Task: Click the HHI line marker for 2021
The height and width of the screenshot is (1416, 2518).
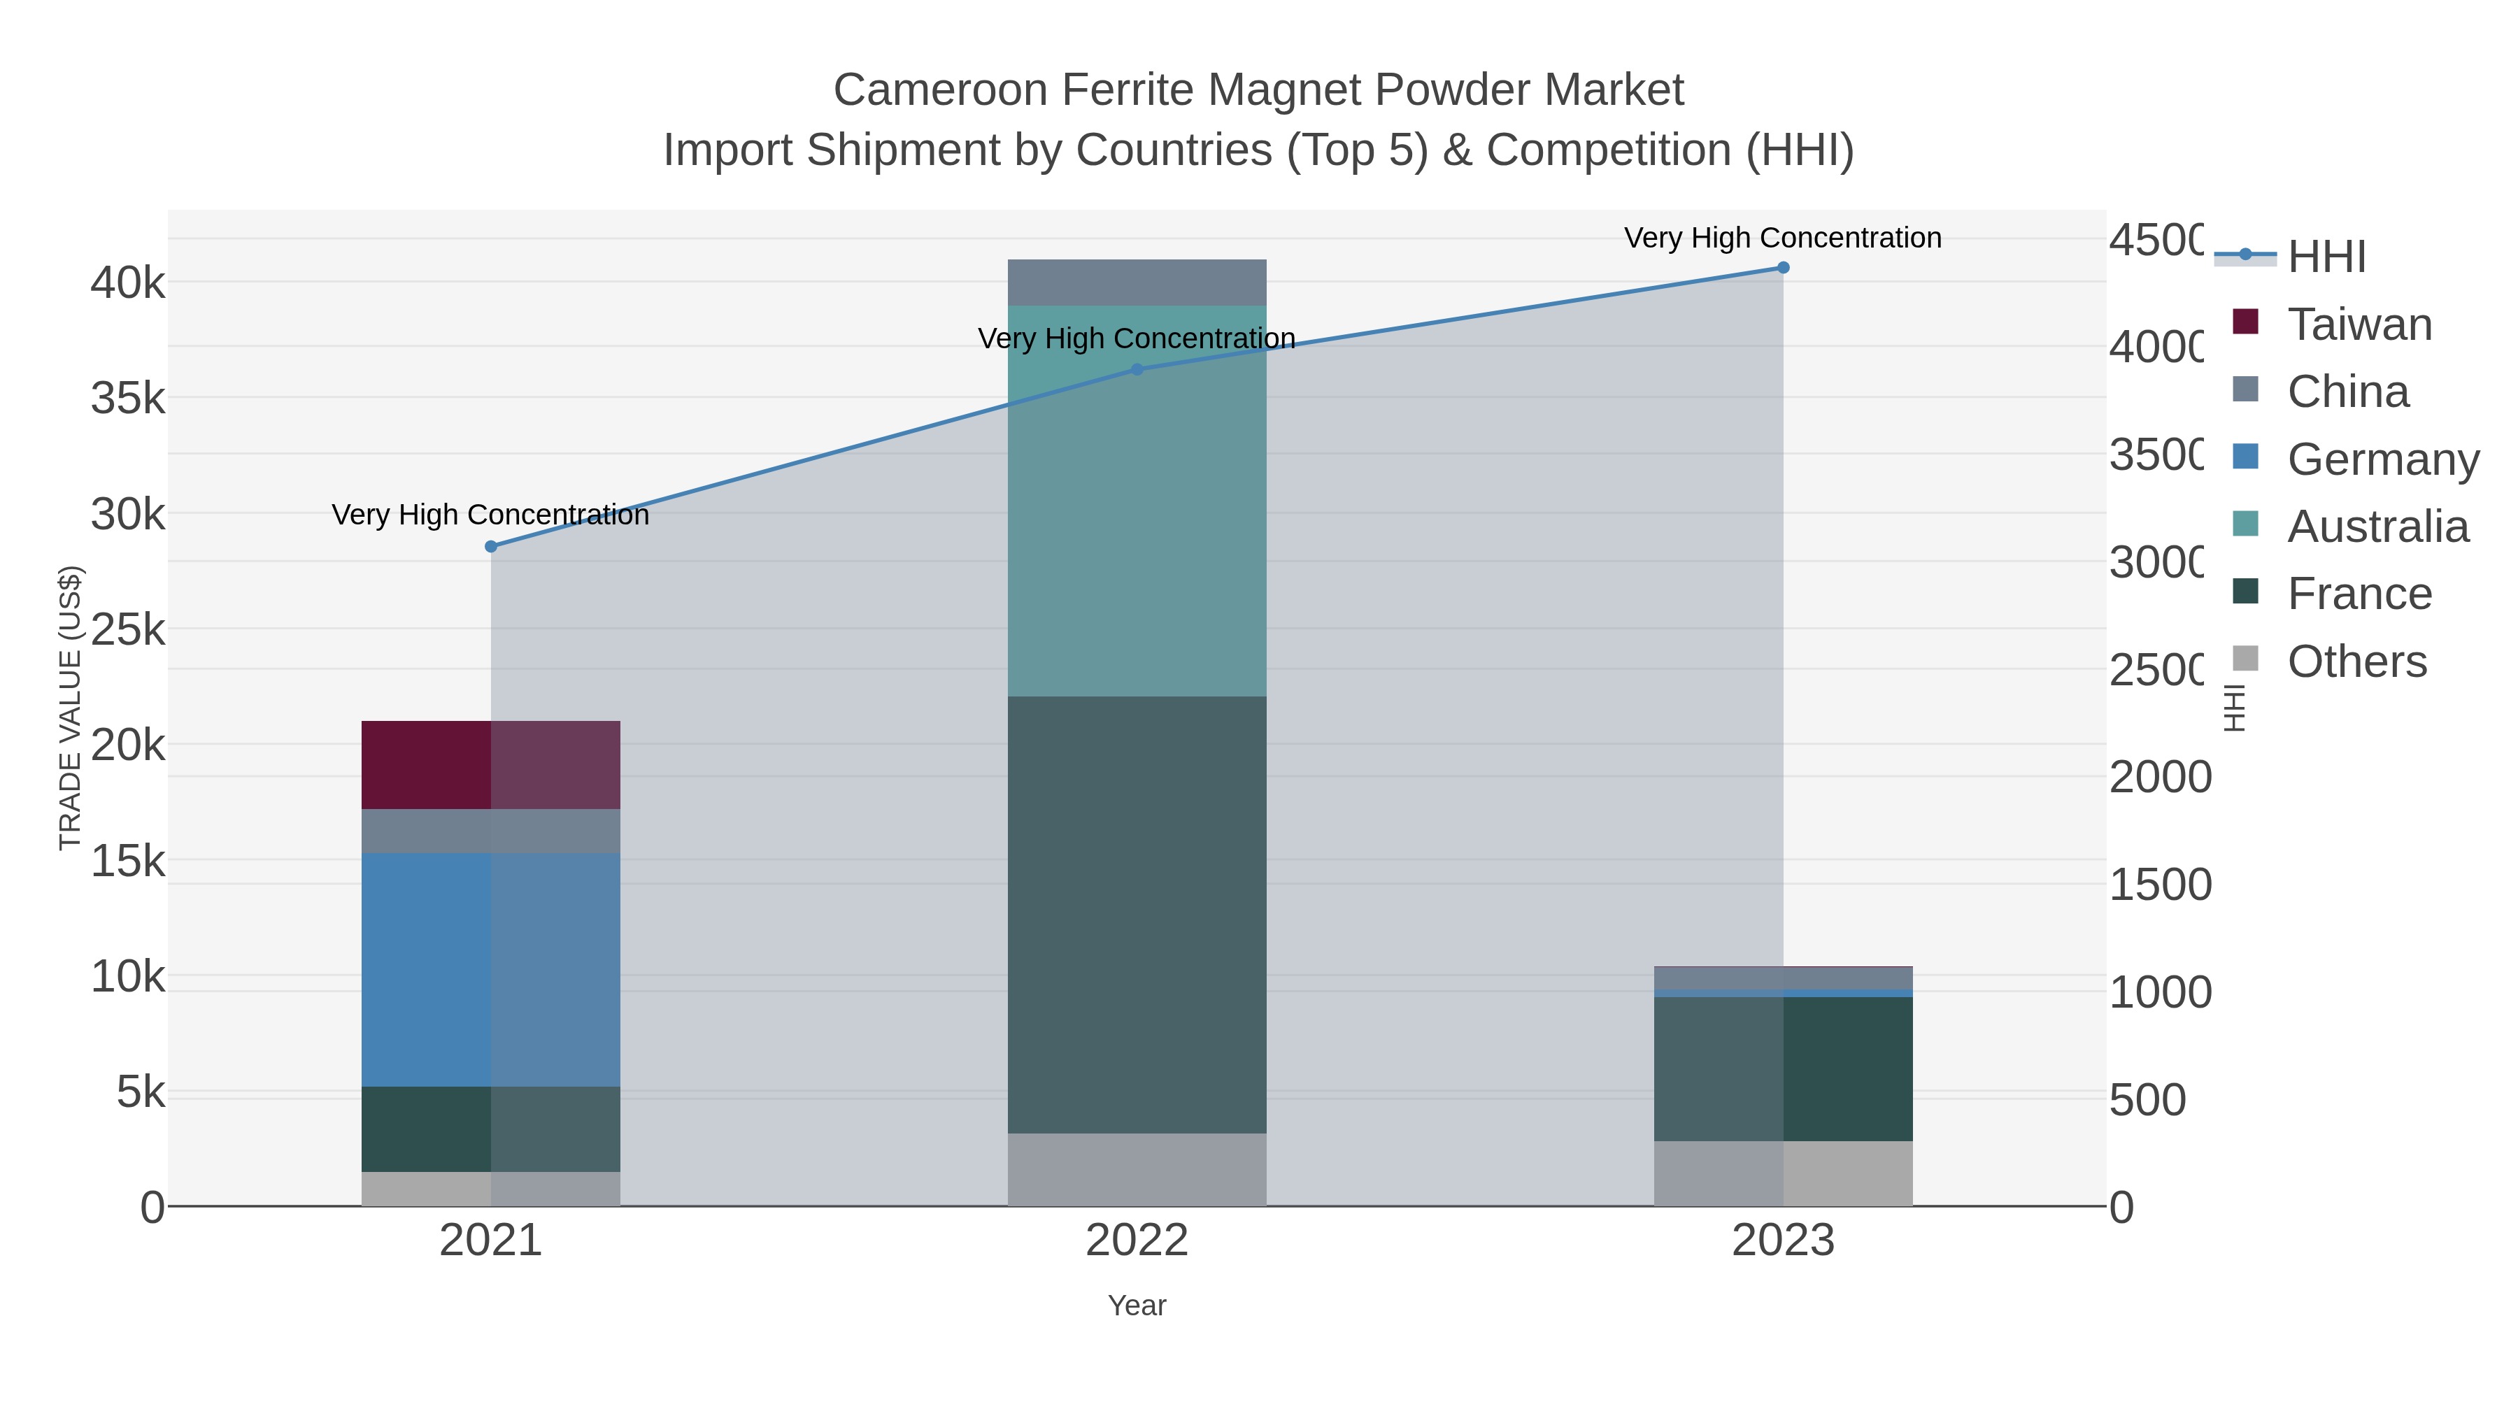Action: coord(491,546)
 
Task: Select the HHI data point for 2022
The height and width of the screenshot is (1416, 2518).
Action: coord(1137,369)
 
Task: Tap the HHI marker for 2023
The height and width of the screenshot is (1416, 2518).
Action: coord(1783,268)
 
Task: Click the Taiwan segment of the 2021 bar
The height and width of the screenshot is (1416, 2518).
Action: coord(491,764)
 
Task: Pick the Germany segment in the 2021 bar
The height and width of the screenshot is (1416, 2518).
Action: coord(491,968)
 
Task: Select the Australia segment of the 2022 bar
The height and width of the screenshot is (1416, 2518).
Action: coord(1137,501)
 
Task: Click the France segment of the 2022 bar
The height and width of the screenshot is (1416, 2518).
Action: coord(1137,914)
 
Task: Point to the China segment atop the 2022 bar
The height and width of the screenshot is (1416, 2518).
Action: coord(1137,283)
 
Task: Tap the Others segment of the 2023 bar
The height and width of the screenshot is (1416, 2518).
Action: coord(1783,1173)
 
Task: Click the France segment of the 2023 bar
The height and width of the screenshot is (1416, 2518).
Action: coord(1783,1068)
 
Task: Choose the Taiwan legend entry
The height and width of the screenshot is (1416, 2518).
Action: coord(2359,324)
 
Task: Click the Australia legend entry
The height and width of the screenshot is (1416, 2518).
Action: coord(2377,527)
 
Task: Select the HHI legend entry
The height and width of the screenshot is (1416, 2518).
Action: coord(2326,257)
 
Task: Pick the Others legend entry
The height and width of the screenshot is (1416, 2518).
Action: coord(2356,661)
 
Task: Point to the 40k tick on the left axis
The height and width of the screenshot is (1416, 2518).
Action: coord(128,283)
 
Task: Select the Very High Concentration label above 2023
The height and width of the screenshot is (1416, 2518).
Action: coord(1783,238)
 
